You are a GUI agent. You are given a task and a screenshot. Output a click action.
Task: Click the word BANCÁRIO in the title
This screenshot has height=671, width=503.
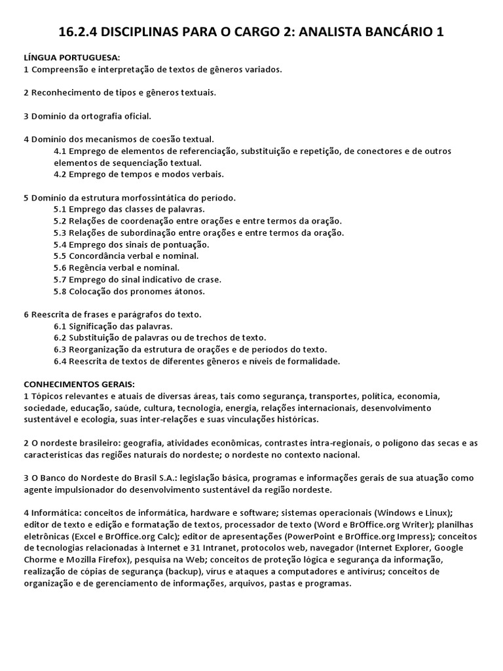tap(389, 31)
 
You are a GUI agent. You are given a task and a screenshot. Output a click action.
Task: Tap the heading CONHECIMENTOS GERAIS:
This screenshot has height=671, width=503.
tap(79, 384)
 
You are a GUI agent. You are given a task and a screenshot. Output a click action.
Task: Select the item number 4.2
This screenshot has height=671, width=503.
tap(61, 174)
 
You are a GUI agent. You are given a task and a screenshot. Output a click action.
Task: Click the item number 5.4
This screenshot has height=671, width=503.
tap(61, 244)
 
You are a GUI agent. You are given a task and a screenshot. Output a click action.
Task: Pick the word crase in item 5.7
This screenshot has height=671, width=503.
tap(208, 279)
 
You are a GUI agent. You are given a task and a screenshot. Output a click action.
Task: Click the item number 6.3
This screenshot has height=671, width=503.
tap(61, 349)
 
